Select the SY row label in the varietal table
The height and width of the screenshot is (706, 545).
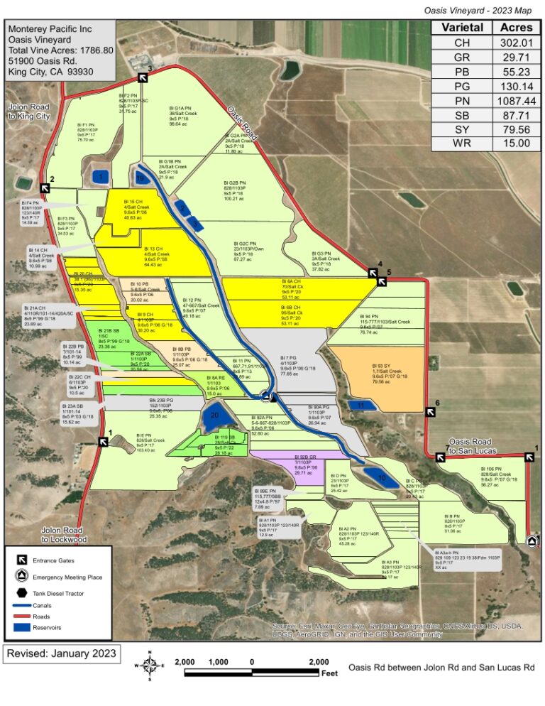click(x=462, y=129)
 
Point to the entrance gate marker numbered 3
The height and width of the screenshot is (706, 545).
click(x=142, y=77)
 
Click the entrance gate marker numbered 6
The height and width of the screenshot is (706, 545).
click(x=430, y=412)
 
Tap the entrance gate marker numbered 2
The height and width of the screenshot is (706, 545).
click(x=45, y=188)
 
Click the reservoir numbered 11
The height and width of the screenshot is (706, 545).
click(x=361, y=406)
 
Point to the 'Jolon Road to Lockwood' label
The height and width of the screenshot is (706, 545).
click(x=64, y=534)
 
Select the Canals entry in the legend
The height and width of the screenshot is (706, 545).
click(x=42, y=605)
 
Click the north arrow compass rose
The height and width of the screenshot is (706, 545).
click(x=150, y=666)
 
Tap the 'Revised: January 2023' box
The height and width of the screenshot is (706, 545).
click(x=62, y=653)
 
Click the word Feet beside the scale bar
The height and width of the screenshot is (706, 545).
click(x=329, y=673)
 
